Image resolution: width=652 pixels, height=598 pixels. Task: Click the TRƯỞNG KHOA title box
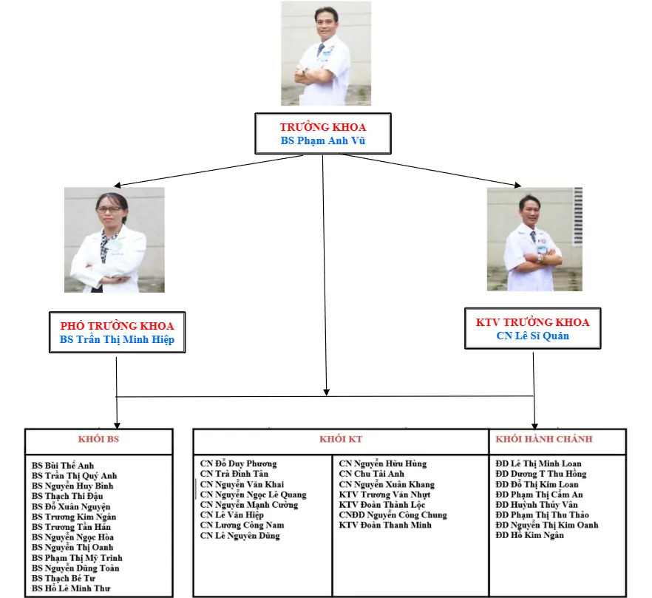tap(323, 127)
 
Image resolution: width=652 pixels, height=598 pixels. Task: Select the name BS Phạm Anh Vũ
tap(323, 140)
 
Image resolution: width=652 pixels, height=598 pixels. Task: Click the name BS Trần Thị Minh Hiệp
tap(117, 340)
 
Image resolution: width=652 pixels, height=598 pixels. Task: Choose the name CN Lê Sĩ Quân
tap(532, 336)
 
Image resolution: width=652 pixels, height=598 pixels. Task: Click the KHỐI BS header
tap(98, 439)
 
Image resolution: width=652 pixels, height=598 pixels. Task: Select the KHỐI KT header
tap(341, 439)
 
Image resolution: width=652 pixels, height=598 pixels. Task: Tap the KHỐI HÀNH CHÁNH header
tap(543, 439)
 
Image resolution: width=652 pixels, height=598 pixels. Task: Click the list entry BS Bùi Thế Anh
tap(63, 466)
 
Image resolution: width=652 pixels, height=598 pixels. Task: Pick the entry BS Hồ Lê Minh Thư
tap(71, 589)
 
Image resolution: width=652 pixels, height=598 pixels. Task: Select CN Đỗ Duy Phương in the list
tap(238, 463)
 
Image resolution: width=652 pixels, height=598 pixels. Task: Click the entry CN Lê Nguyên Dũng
tap(240, 536)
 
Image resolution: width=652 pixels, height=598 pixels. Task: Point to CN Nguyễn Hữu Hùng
tap(382, 463)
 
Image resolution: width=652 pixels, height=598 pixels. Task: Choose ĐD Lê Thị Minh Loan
tap(538, 463)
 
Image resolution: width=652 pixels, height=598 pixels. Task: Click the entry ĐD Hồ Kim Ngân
tap(529, 535)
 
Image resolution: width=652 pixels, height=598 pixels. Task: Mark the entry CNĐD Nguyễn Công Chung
tap(393, 515)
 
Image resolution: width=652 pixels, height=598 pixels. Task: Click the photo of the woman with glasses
tap(115, 240)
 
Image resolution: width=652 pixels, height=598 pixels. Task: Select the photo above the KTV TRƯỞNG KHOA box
tap(534, 239)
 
